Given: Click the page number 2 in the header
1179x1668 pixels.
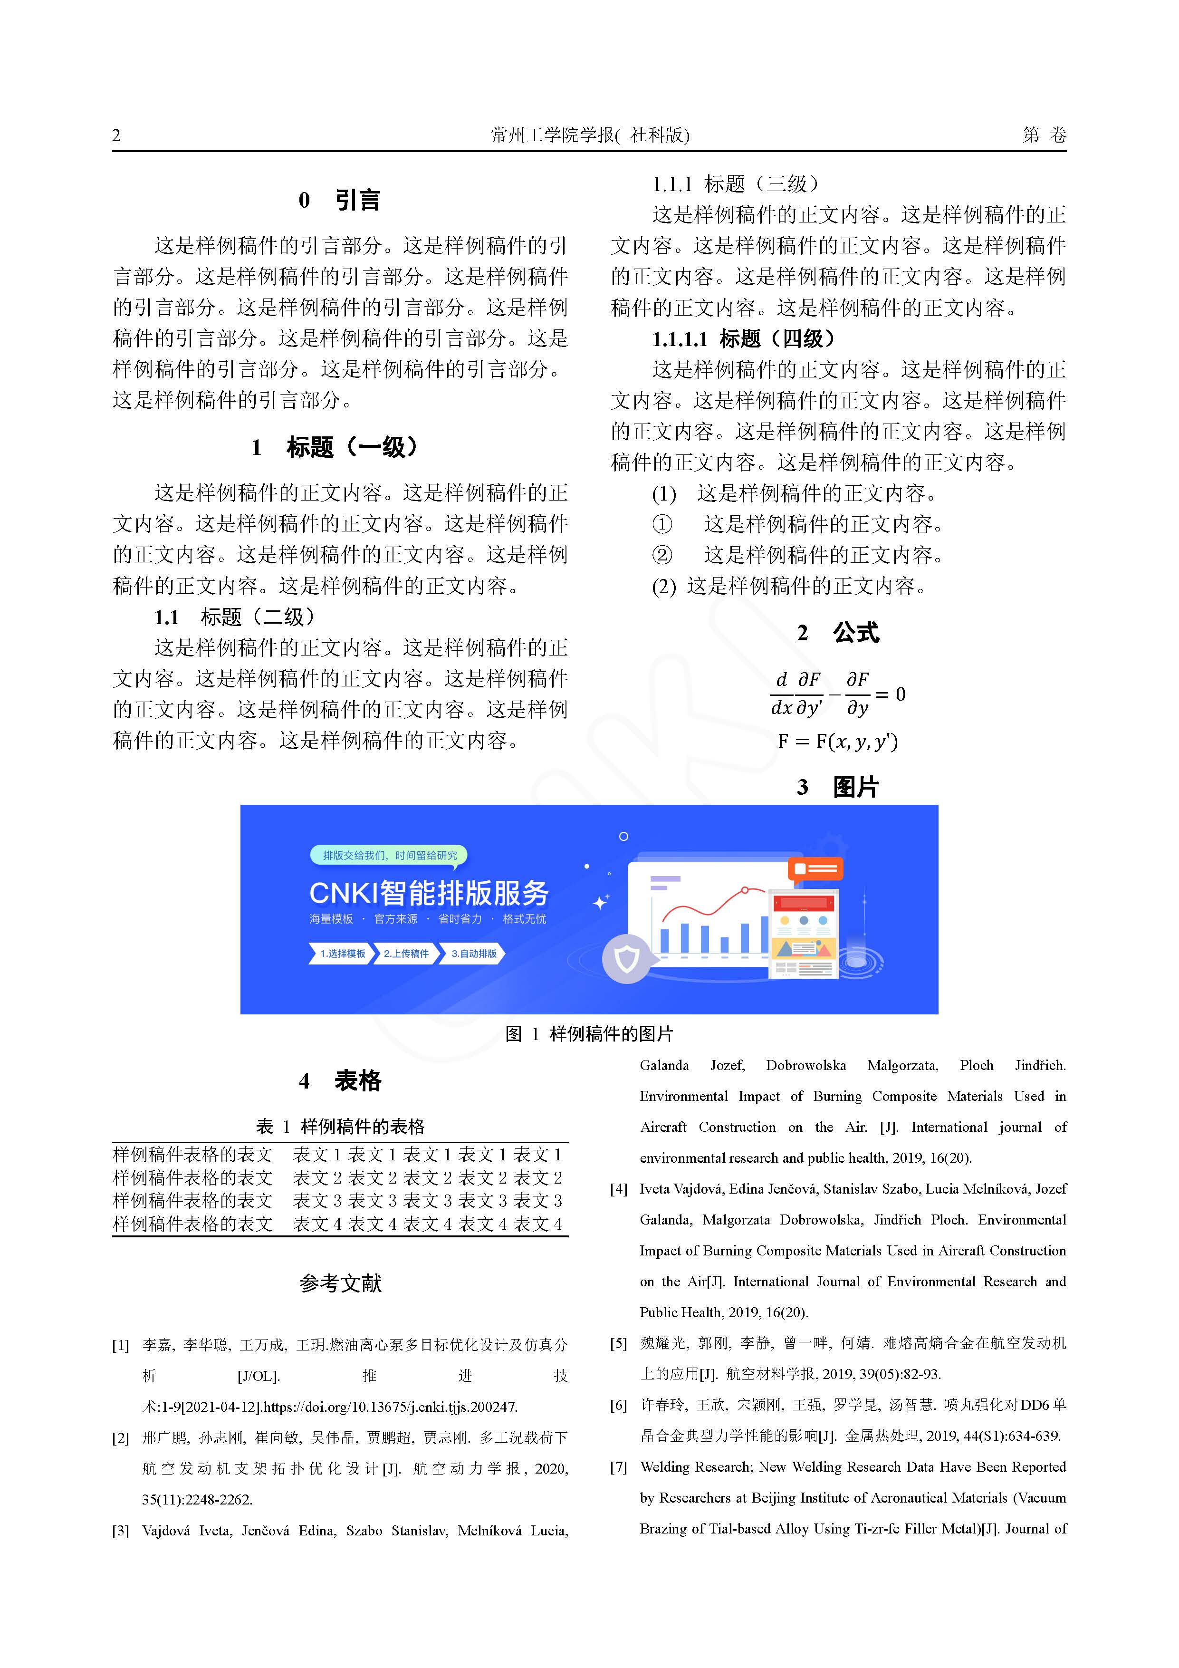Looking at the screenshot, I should pyautogui.click(x=116, y=135).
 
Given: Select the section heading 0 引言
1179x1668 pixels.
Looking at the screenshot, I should pyautogui.click(x=339, y=200).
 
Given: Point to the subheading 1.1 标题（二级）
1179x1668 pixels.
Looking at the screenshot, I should pyautogui.click(x=235, y=617).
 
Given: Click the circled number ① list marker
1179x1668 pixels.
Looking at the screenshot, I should pyautogui.click(x=662, y=524).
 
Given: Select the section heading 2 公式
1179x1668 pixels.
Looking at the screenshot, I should pyautogui.click(x=838, y=633).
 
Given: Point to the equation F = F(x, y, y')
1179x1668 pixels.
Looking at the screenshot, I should pyautogui.click(x=838, y=741).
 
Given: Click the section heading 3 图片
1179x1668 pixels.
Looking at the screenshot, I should pyautogui.click(x=838, y=787).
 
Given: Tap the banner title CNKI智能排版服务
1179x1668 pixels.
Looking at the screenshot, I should pyautogui.click(x=429, y=893).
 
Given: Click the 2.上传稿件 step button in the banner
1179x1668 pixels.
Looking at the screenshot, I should pyautogui.click(x=406, y=953).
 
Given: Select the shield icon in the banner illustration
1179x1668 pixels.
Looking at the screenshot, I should pyautogui.click(x=626, y=959).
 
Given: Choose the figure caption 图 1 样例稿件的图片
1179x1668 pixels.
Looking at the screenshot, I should pyautogui.click(x=589, y=1034).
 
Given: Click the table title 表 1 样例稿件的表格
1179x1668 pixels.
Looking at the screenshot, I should pyautogui.click(x=340, y=1126).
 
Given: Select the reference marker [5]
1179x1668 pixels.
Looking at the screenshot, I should pyautogui.click(x=618, y=1343).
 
